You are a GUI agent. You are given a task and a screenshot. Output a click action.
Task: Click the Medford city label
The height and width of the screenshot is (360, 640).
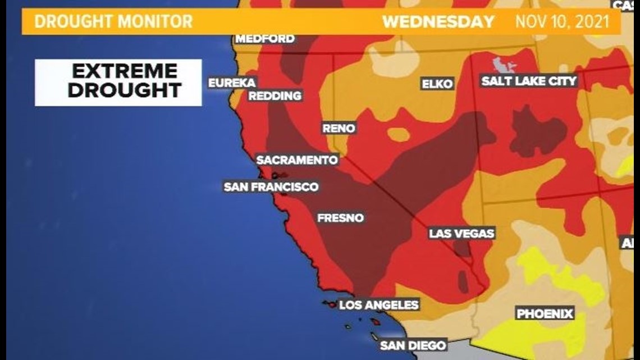pos(265,39)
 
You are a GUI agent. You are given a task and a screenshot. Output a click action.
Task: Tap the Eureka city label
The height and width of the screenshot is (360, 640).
pos(232,83)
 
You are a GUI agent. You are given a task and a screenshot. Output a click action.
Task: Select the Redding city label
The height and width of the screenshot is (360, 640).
pos(275,96)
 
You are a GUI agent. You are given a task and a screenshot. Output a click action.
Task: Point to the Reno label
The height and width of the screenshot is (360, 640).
pos(339,128)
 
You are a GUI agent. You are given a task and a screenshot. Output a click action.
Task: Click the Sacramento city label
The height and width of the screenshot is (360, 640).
pos(297,160)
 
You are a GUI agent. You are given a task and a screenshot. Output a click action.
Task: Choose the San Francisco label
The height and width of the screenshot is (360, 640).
pos(271,187)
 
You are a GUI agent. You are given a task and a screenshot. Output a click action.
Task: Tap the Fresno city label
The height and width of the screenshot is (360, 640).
pos(341,218)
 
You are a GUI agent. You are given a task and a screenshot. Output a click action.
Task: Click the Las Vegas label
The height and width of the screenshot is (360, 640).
pos(461,233)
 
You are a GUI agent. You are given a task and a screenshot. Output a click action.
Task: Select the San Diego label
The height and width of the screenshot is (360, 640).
pos(413,345)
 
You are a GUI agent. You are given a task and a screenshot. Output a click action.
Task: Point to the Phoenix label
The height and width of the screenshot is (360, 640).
pos(545,313)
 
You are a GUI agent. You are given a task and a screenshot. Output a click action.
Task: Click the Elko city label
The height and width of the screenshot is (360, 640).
pos(437,84)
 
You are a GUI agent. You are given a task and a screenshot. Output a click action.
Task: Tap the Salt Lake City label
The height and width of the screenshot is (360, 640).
pos(529,81)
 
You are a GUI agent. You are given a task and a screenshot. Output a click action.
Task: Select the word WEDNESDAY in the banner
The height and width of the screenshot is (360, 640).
pos(438,22)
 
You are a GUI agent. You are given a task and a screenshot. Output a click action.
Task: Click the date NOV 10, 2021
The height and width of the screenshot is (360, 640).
pos(563,22)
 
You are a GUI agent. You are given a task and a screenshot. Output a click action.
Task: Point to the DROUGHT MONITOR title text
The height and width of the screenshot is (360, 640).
pos(113,22)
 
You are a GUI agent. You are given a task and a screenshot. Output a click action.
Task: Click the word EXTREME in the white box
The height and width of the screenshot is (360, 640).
pos(125,71)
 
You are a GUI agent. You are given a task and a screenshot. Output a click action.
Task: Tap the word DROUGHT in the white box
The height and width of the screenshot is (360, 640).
pos(125,90)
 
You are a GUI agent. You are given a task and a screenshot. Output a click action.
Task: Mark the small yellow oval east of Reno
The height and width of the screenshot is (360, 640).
pos(398,135)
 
